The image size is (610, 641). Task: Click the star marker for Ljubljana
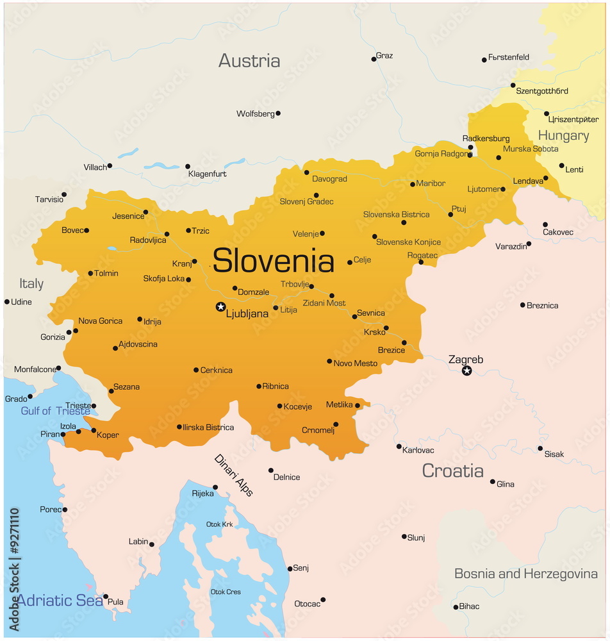pyautogui.click(x=220, y=307)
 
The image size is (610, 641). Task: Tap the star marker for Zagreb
pyautogui.click(x=467, y=370)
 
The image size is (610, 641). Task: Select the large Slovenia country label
pyautogui.click(x=273, y=261)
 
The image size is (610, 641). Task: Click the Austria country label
pyautogui.click(x=249, y=61)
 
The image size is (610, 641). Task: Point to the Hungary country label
pyautogui.click(x=563, y=135)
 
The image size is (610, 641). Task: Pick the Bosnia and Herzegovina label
pyautogui.click(x=525, y=574)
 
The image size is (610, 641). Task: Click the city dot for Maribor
pyautogui.click(x=413, y=184)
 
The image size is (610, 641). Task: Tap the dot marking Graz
pyautogui.click(x=374, y=59)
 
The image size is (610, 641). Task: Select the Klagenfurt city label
pyautogui.click(x=207, y=174)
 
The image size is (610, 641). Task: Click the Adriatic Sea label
pyautogui.click(x=60, y=601)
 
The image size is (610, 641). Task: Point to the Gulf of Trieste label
pyautogui.click(x=55, y=411)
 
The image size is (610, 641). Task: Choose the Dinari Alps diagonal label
pyautogui.click(x=233, y=475)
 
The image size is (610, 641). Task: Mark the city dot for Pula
pyautogui.click(x=106, y=596)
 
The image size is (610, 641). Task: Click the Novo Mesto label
pyautogui.click(x=356, y=363)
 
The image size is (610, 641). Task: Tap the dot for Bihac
pyautogui.click(x=456, y=606)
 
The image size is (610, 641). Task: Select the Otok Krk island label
pyautogui.click(x=219, y=524)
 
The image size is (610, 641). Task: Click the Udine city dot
pyautogui.click(x=7, y=301)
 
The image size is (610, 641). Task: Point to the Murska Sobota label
pyautogui.click(x=531, y=149)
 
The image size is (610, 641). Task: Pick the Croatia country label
pyautogui.click(x=452, y=470)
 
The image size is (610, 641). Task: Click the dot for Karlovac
pyautogui.click(x=399, y=446)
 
